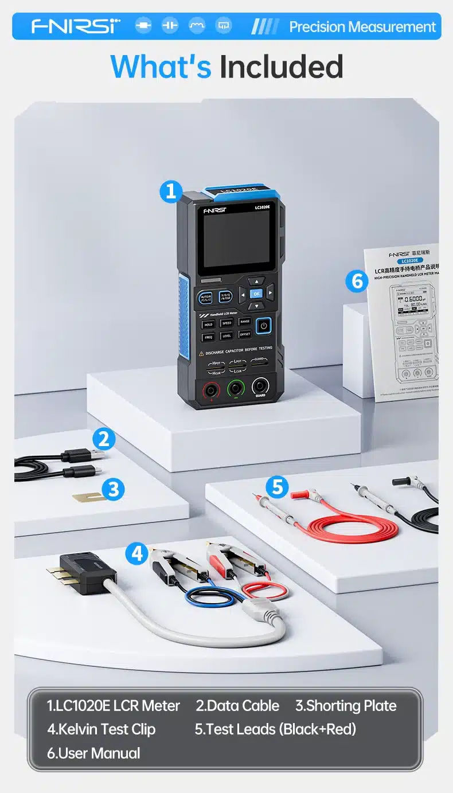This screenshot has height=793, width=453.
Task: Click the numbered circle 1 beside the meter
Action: click(170, 192)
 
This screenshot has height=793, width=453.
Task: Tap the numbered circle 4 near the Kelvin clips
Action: click(136, 553)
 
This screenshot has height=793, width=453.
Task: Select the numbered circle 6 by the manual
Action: click(357, 281)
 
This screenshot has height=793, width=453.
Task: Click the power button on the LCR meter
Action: click(263, 326)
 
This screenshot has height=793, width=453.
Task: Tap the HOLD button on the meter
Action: click(209, 324)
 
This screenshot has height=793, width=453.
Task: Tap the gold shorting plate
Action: click(89, 496)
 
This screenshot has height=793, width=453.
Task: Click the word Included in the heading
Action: click(282, 67)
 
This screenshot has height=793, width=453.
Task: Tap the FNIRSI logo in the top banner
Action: click(76, 26)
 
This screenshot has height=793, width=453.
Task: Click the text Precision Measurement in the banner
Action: click(362, 27)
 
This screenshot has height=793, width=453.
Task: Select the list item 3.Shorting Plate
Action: click(346, 705)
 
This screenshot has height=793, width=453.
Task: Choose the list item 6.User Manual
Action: click(93, 753)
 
